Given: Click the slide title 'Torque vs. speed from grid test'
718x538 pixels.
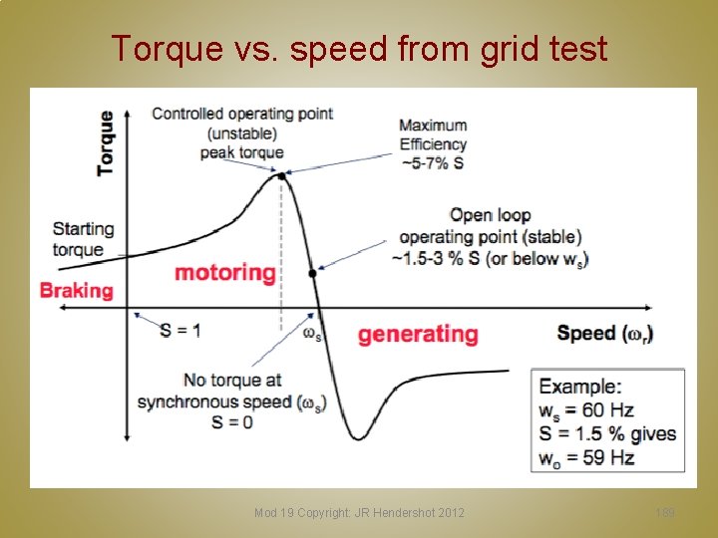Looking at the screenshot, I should (359, 48).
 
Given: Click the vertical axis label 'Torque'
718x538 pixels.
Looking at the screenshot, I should (106, 143).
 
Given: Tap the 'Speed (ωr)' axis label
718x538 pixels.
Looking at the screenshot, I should (605, 333).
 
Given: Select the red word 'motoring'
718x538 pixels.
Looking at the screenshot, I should (225, 272).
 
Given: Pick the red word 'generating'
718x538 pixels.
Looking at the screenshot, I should (418, 334).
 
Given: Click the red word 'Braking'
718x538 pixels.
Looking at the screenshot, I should (77, 291).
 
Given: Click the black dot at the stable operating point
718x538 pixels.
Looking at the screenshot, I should (312, 273).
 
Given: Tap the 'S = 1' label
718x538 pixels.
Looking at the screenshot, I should (179, 330).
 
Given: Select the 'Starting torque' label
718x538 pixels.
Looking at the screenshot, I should (83, 239).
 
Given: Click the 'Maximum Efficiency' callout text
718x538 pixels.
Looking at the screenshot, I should (433, 134).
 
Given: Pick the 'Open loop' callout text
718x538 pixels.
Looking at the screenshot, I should (490, 215).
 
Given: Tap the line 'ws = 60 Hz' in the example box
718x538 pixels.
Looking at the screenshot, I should (585, 409).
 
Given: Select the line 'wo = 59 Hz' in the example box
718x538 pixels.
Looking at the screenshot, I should (585, 457).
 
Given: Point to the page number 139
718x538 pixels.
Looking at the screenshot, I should (665, 513).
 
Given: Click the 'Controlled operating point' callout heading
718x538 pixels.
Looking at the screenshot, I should (242, 114).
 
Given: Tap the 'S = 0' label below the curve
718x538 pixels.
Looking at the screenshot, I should (231, 421).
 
